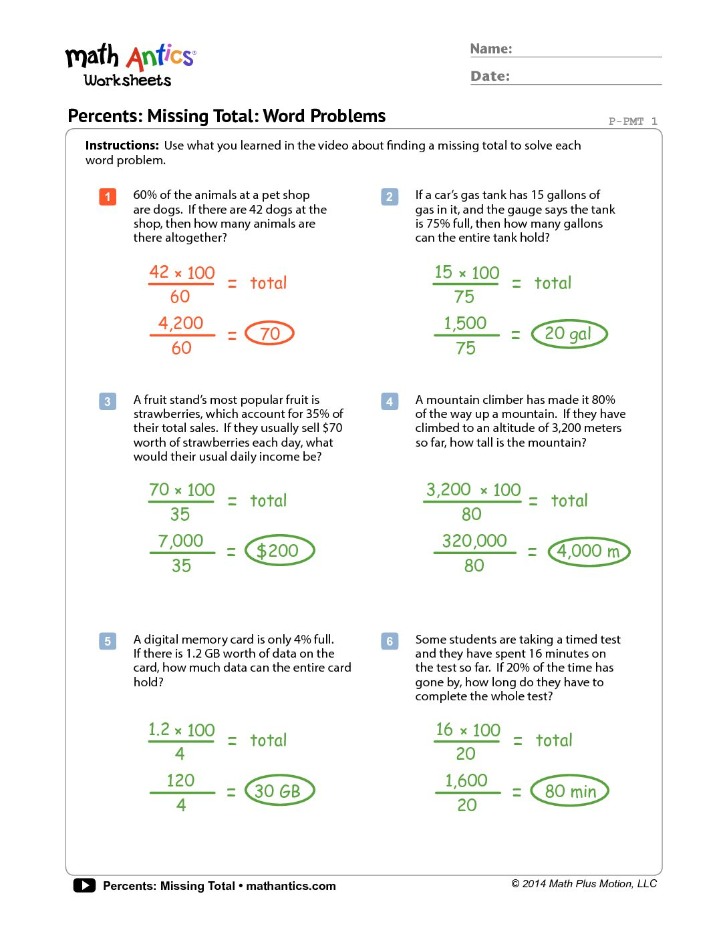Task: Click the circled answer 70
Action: pos(270,333)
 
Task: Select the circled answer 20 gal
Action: pos(569,334)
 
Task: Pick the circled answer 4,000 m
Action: pos(589,551)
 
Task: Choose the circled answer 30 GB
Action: pos(279,791)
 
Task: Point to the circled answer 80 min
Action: pos(570,791)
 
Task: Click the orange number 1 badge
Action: pos(108,197)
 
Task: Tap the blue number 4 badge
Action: pos(390,401)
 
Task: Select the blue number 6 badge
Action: pos(390,641)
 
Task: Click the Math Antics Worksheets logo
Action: pos(130,65)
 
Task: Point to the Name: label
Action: pos(491,49)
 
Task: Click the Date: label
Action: pos(490,76)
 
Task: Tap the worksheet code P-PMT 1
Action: pos(632,121)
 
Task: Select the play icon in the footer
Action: pos(84,885)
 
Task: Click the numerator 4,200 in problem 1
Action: pos(180,323)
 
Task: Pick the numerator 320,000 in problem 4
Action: pos(474,541)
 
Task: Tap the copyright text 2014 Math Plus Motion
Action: pos(585,884)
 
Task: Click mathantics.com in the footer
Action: pos(291,886)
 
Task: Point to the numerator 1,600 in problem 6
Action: pos(466,780)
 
